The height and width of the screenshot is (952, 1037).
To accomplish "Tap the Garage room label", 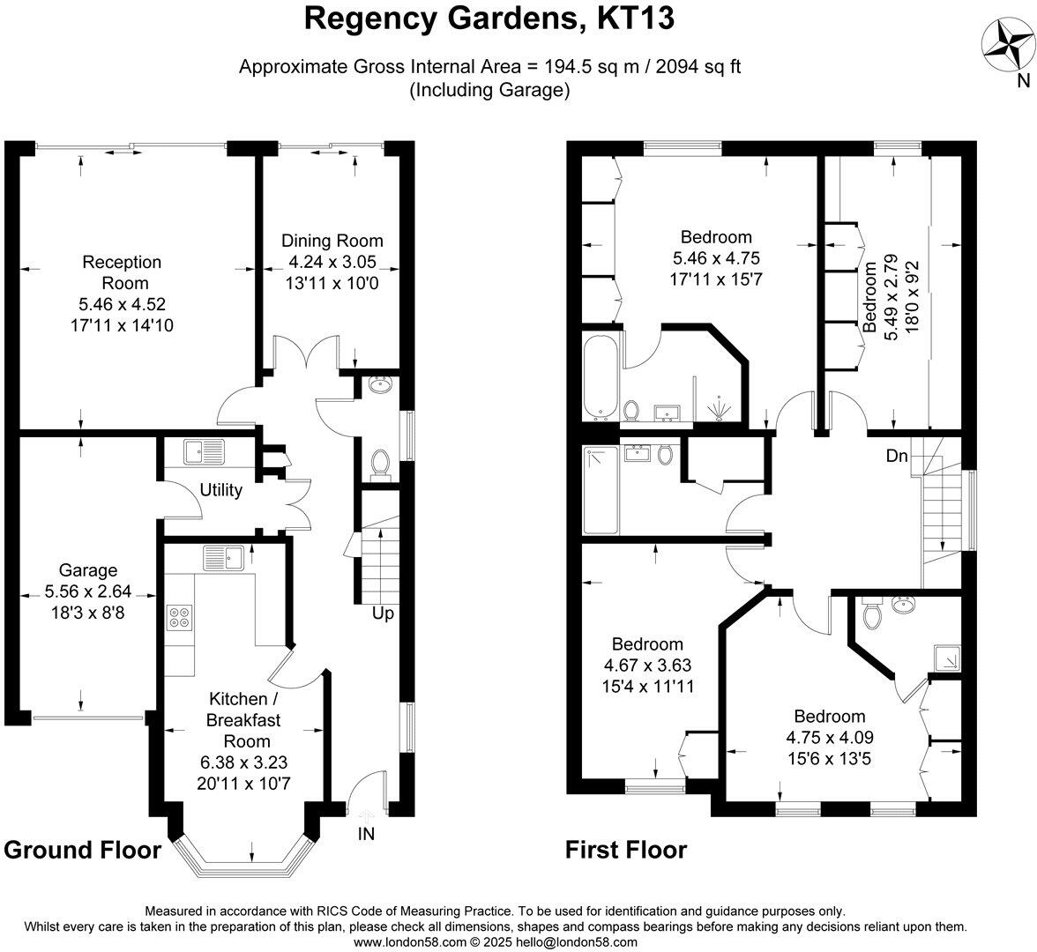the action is pos(88,570).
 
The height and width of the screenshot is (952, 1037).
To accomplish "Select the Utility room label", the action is pos(220,490).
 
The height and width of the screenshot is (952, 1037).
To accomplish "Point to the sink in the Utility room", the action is pos(205,453).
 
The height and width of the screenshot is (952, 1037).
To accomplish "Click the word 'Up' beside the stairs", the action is pos(382,614).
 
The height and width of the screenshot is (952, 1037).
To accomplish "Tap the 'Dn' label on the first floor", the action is pos(898,457).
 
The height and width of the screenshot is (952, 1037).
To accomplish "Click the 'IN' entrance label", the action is pos(366,834).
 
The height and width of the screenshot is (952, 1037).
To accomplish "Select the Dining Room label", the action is pos(332,241).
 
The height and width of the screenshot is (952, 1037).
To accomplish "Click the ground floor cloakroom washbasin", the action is pos(381,385).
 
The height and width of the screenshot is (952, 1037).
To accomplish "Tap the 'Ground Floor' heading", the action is pos(83,850).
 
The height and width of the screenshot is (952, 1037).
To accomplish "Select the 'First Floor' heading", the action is pos(626,850).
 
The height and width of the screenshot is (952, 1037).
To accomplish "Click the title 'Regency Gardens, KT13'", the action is pos(490,19).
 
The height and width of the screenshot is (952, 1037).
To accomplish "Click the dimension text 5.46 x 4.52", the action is pos(123,304).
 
